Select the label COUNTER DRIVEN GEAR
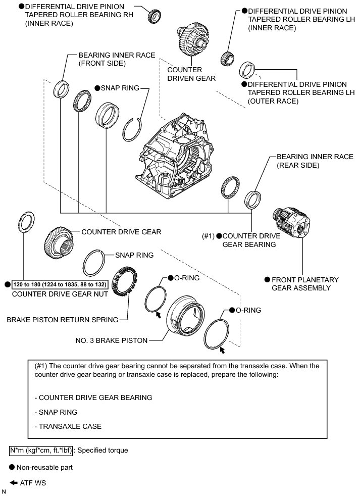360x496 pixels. [x=191, y=74]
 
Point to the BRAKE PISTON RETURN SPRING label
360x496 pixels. [x=62, y=319]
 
